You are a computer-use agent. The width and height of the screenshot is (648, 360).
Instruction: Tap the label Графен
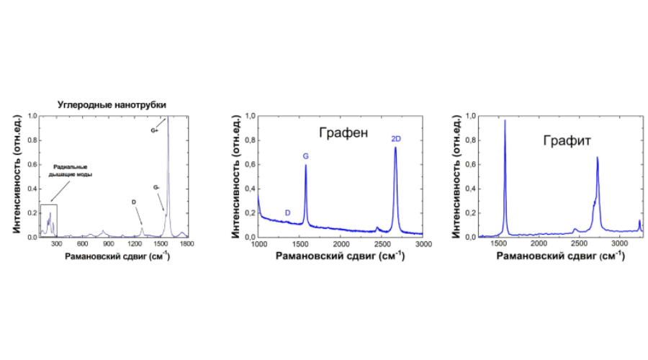pyautogui.click(x=343, y=132)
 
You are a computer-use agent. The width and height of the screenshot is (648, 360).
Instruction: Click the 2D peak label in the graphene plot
pyautogui.click(x=395, y=138)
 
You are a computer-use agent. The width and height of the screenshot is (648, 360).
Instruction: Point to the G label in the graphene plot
pyautogui.click(x=305, y=156)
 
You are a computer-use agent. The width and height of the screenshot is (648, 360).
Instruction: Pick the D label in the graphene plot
pyautogui.click(x=288, y=212)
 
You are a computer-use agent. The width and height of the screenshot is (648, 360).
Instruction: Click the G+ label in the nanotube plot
pyautogui.click(x=154, y=131)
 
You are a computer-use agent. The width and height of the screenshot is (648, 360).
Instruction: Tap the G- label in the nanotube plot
pyautogui.click(x=156, y=187)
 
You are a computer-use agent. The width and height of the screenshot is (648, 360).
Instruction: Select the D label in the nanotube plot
pyautogui.click(x=134, y=202)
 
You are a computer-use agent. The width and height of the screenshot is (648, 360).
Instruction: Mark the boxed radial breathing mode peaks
pyautogui.click(x=49, y=220)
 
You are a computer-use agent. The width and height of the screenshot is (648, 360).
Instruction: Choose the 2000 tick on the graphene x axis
pyautogui.click(x=341, y=246)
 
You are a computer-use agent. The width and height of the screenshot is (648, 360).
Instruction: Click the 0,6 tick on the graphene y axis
pyautogui.click(x=249, y=164)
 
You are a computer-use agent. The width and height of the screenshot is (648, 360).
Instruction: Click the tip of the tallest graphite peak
pyautogui.click(x=505, y=120)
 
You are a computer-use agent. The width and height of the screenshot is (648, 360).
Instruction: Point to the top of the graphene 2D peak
pyautogui.click(x=395, y=148)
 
